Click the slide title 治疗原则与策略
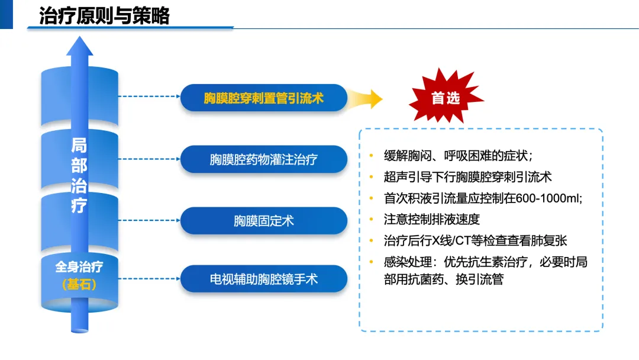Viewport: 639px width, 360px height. pos(104,15)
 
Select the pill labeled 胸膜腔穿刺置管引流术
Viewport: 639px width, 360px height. pos(263,98)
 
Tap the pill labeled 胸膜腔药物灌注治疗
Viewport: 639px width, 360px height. pos(263,159)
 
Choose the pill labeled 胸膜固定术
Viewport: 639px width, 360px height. pos(263,221)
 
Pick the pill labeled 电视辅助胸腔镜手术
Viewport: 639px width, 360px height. pos(263,279)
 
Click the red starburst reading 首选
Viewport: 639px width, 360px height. pos(445,98)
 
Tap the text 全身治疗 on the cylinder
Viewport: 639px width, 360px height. pos(79,266)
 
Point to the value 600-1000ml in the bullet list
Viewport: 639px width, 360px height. pos(548,198)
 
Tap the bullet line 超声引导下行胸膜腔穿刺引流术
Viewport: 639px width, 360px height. pos(467,177)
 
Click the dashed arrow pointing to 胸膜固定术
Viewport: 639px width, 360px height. pos(148,221)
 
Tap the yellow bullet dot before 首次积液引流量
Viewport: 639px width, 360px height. pos(371,198)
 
